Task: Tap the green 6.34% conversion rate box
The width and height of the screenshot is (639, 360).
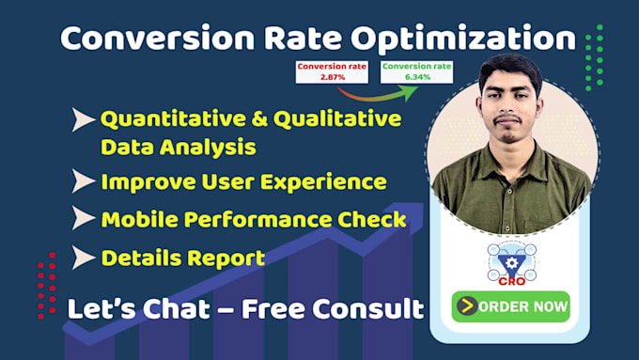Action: (416, 71)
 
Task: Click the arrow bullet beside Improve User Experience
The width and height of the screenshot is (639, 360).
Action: (83, 181)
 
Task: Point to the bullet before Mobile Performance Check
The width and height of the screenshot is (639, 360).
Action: (83, 219)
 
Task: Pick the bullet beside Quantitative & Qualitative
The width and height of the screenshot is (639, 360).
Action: (83, 120)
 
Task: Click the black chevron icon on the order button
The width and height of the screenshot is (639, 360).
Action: (466, 305)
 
